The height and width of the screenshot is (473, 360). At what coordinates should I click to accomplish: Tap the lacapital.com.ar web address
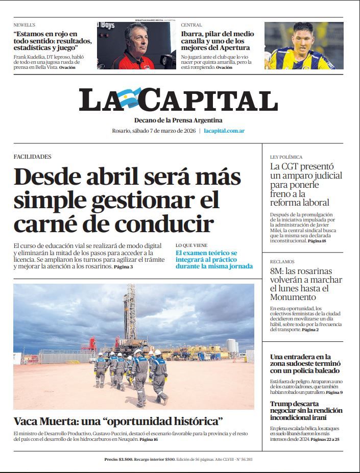pyautogui.click(x=224, y=131)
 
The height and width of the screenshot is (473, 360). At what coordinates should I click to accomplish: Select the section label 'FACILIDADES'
pyautogui.click(x=32, y=157)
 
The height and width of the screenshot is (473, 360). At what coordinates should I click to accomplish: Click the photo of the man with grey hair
pyautogui.click(x=136, y=46)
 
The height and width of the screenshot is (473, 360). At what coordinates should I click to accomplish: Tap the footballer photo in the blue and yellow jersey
pyautogui.click(x=303, y=46)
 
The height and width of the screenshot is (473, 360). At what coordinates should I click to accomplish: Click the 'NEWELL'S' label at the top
pyautogui.click(x=25, y=24)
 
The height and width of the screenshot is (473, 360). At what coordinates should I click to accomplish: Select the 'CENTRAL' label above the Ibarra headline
pyautogui.click(x=191, y=24)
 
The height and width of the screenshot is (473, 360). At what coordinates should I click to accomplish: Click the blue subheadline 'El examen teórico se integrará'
pyautogui.click(x=214, y=259)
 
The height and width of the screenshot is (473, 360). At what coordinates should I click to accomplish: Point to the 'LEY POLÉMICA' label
pyautogui.click(x=286, y=157)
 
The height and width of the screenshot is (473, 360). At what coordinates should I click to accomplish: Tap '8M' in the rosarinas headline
pyautogui.click(x=276, y=271)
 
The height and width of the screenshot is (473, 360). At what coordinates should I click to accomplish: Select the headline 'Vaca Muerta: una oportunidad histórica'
pyautogui.click(x=118, y=421)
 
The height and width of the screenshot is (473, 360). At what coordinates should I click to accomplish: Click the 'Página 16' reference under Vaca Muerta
pyautogui.click(x=149, y=439)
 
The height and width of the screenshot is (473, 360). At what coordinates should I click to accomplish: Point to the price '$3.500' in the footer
pyautogui.click(x=126, y=459)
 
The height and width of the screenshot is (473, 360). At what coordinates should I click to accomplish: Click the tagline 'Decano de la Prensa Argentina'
pyautogui.click(x=178, y=120)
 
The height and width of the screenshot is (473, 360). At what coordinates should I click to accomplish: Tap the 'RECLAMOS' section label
pyautogui.click(x=282, y=262)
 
